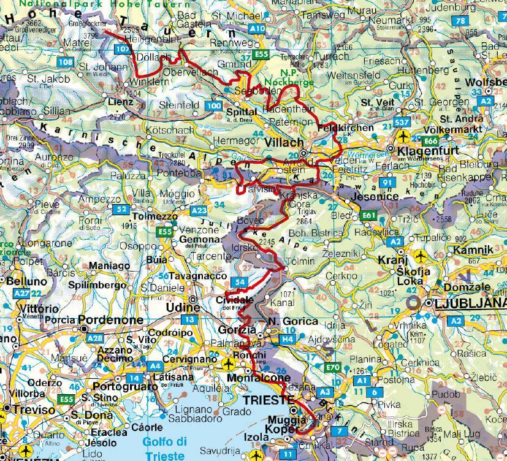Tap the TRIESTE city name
(269, 400)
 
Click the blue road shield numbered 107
(123, 48)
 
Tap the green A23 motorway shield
(199, 210)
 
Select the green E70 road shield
(332, 367)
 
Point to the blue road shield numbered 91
(386, 183)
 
